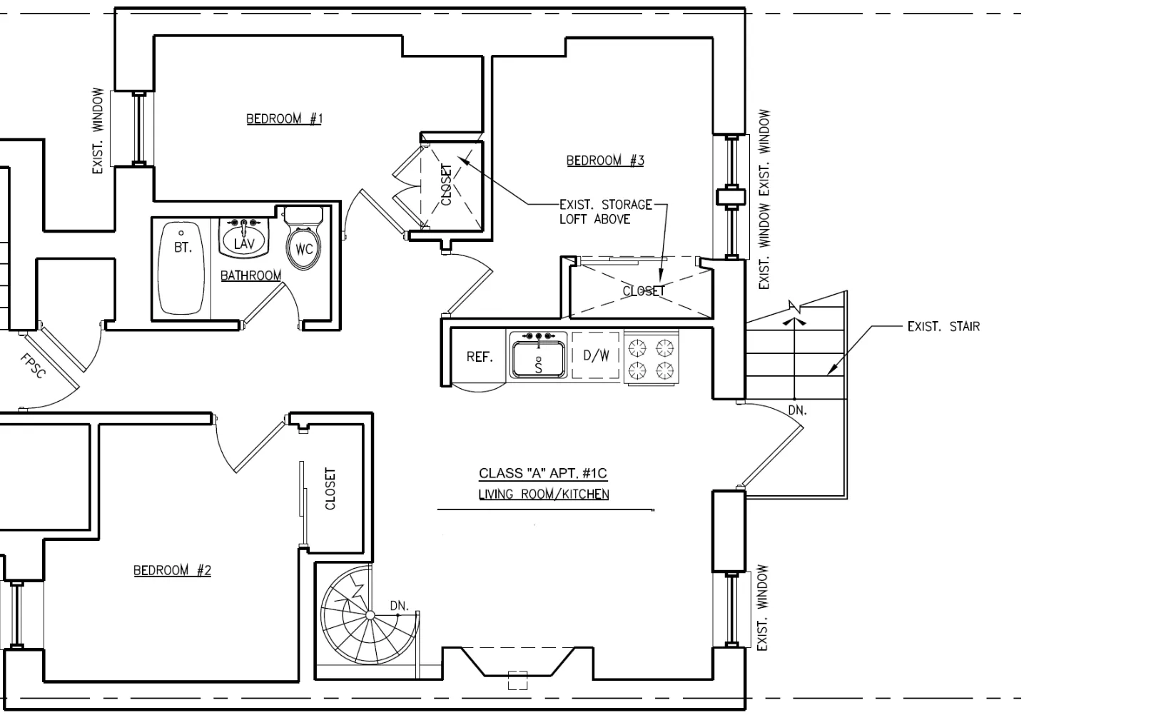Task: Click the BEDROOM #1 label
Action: [x=284, y=118]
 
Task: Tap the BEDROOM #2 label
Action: [x=172, y=570]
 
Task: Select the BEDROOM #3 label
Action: [x=605, y=161]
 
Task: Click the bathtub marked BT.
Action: [x=183, y=268]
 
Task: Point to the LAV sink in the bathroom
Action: [x=244, y=238]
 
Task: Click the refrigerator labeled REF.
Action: [x=480, y=357]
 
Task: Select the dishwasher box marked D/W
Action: [x=596, y=355]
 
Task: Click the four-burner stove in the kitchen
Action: [x=651, y=359]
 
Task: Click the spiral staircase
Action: [x=367, y=615]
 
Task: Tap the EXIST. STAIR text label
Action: [x=943, y=327]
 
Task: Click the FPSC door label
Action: [x=33, y=366]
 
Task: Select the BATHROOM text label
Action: [x=250, y=275]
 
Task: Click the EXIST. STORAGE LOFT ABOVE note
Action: [x=604, y=212]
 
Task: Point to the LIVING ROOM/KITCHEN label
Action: [x=544, y=495]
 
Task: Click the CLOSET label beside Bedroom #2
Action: [x=330, y=489]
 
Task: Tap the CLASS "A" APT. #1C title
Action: [x=543, y=473]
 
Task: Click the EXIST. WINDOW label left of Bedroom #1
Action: [x=98, y=131]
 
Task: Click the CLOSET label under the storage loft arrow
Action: [x=643, y=291]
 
